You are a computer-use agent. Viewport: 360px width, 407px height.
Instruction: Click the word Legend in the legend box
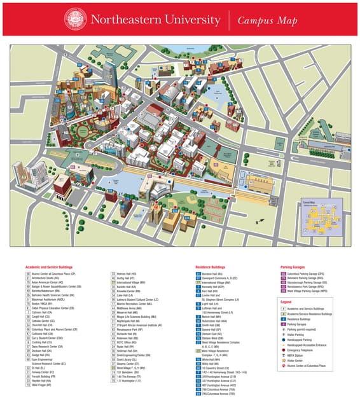[286, 301]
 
